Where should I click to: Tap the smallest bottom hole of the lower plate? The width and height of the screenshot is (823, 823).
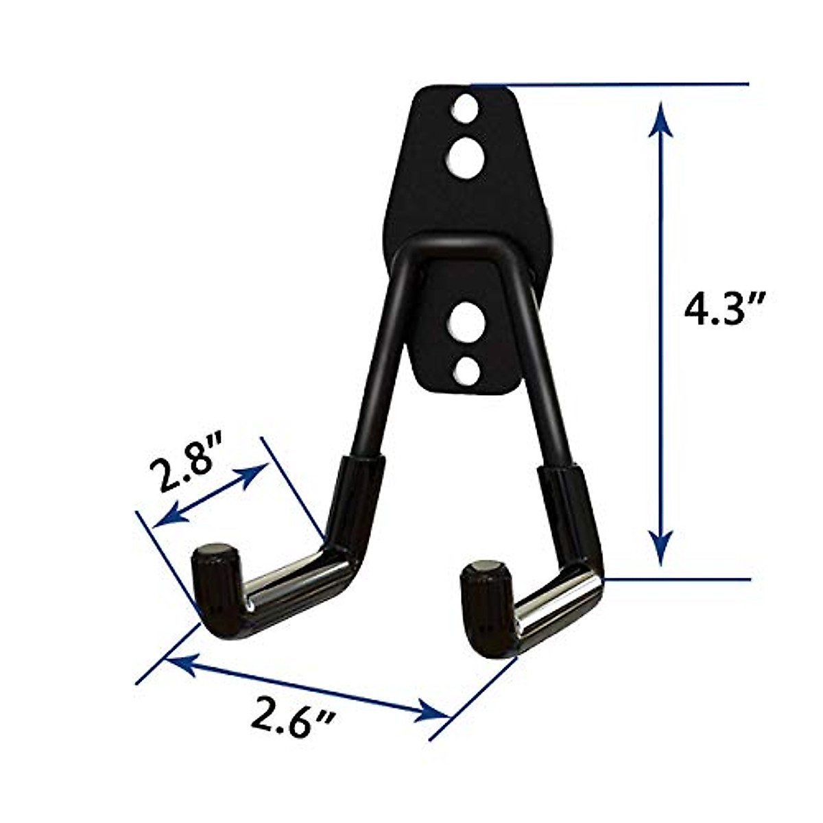[x=466, y=370]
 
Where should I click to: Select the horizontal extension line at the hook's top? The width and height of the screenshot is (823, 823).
[x=617, y=84]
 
